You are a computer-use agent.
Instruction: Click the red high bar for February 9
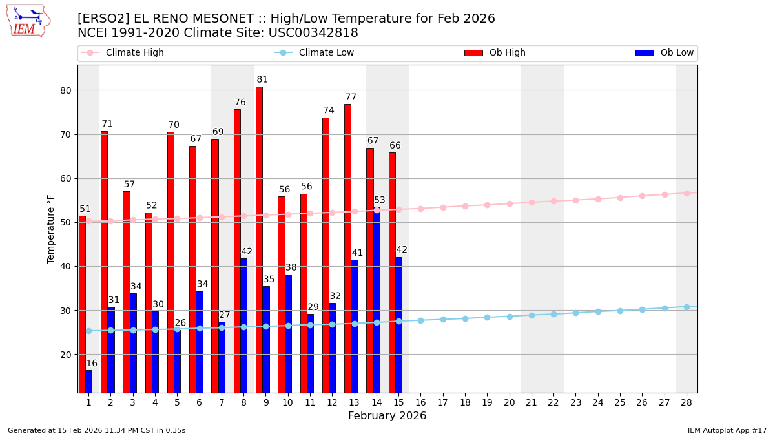pos(259,239)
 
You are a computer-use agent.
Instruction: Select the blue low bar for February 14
pos(377,300)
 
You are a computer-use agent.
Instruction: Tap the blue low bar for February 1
pos(88,381)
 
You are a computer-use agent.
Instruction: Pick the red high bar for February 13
pos(347,248)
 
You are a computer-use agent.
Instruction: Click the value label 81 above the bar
pos(262,80)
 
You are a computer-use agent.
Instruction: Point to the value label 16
pos(92,364)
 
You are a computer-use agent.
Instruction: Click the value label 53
pos(380,201)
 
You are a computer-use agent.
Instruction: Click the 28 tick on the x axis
pos(687,402)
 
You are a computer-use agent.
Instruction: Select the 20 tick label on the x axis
pos(510,402)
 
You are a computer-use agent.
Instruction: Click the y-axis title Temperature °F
pos(52,229)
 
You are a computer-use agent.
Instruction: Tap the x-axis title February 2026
pos(387,416)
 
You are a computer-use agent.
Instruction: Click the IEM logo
pos(28,21)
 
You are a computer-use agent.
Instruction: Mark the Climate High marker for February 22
pos(553,201)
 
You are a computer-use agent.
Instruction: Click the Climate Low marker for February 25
pos(620,311)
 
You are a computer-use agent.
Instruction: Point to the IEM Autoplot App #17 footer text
pos(727,430)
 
